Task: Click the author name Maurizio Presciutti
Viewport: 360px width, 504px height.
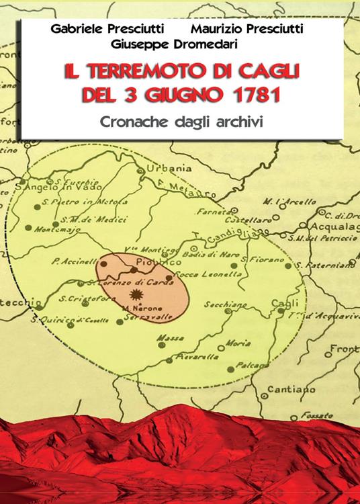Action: (246, 29)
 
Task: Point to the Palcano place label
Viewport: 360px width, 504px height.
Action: (251, 364)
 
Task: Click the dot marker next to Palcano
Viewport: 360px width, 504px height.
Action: (230, 368)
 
